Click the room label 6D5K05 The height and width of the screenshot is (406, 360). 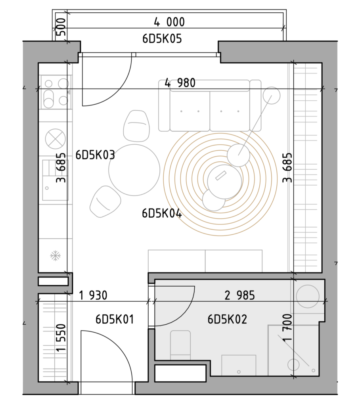[x=162, y=39]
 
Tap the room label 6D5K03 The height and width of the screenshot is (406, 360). [x=95, y=155]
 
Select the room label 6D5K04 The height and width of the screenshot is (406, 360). [x=162, y=213]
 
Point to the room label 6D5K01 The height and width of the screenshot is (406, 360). [x=115, y=319]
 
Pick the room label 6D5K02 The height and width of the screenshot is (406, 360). [x=228, y=319]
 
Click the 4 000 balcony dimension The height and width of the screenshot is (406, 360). [x=169, y=22]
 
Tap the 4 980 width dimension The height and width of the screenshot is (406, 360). [x=180, y=83]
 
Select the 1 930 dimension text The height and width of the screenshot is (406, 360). [x=93, y=295]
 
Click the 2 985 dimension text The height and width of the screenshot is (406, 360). [x=240, y=295]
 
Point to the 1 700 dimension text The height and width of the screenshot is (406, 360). [x=287, y=327]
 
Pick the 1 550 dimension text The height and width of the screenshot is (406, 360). [x=61, y=338]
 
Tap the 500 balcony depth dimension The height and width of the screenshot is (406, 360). [x=61, y=27]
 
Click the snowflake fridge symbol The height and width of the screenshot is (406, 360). [x=56, y=256]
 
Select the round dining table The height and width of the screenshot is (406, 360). [x=134, y=170]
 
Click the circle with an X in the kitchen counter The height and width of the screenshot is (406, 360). [x=56, y=139]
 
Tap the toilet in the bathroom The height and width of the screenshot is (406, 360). [x=180, y=345]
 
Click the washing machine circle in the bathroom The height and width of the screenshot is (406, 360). [x=308, y=296]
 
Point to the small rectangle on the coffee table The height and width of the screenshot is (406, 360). [x=221, y=175]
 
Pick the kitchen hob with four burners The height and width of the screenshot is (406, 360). [x=56, y=92]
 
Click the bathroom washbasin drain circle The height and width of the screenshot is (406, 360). [x=239, y=372]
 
